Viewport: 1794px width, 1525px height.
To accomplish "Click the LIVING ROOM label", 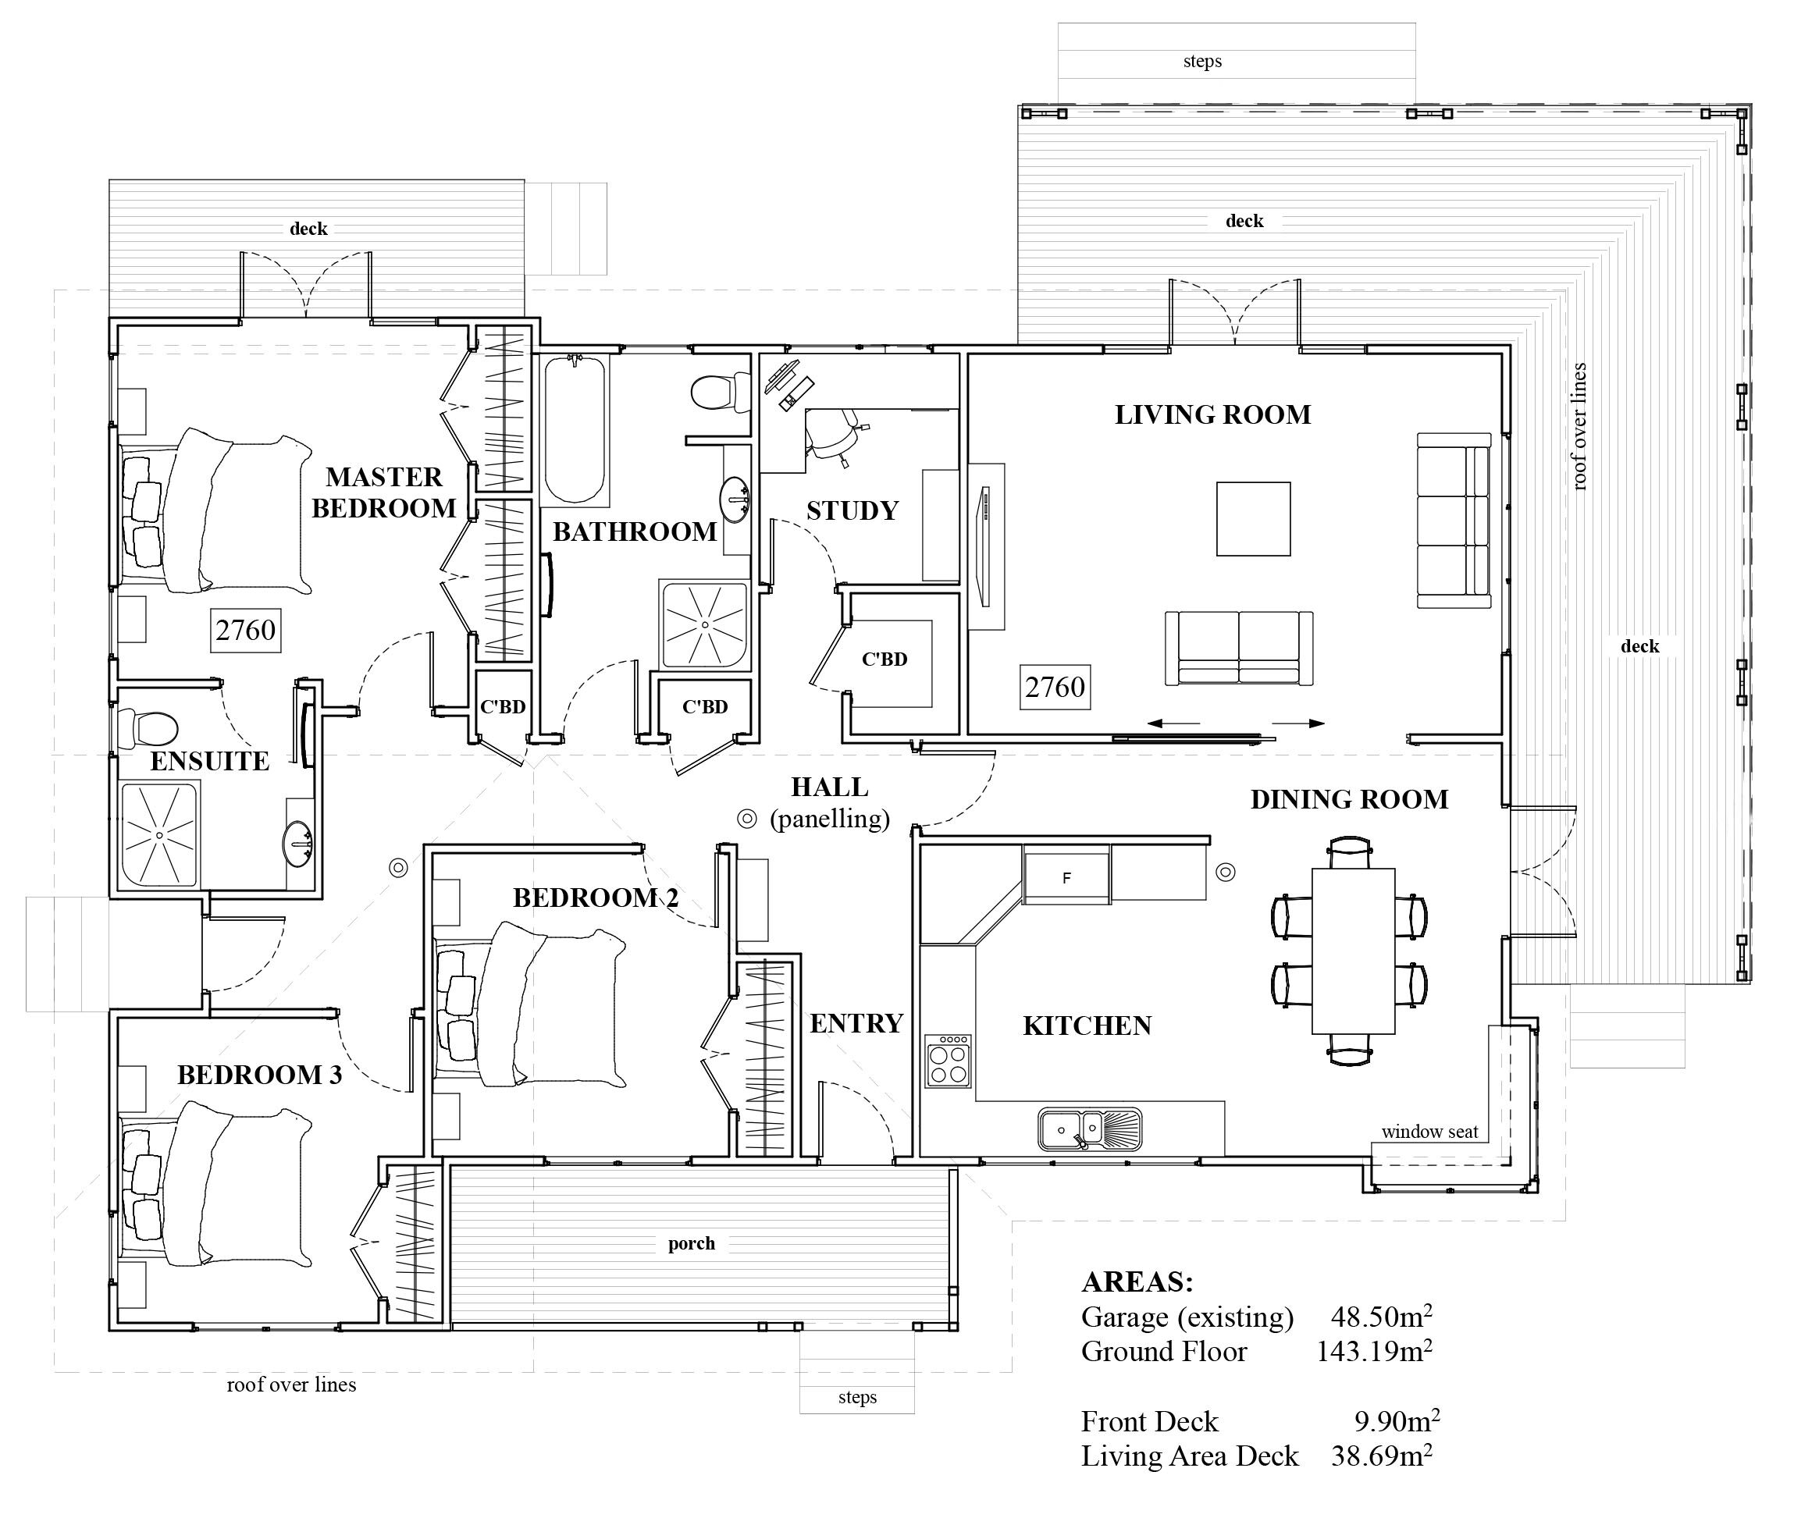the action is [x=1212, y=415].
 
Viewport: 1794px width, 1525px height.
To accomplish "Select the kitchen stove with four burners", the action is [x=949, y=1061].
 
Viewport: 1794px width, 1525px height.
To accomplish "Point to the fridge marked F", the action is [x=1067, y=876].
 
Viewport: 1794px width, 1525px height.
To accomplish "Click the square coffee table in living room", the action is [x=1253, y=519].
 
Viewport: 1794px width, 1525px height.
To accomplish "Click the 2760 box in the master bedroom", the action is [x=246, y=631].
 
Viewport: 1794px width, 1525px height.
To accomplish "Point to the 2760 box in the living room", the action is [x=1055, y=688].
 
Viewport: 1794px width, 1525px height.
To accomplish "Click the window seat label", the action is [x=1429, y=1132].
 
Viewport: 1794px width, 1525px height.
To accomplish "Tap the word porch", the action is [x=692, y=1244].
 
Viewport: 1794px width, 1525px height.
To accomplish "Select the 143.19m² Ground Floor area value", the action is [x=1374, y=1350].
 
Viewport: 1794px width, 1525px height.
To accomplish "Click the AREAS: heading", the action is [x=1137, y=1281].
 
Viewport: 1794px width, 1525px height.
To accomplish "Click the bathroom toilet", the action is [x=721, y=393].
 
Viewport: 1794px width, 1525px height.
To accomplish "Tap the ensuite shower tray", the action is [x=161, y=834].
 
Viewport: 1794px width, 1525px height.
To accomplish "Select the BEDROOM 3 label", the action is [x=259, y=1075].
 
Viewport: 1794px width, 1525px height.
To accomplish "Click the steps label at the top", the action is [x=1201, y=62].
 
